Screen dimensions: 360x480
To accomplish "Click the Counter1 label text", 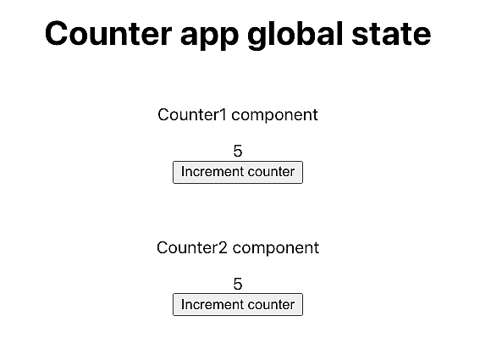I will click(192, 115).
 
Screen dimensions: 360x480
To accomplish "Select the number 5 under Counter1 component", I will click(238, 151).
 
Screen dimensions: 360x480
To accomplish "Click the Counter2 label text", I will click(192, 248).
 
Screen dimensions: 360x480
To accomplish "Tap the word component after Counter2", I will click(276, 248).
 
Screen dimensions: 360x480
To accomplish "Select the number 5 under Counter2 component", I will click(238, 284).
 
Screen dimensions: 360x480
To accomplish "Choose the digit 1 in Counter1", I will click(222, 115).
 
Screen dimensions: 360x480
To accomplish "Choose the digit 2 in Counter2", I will click(223, 248).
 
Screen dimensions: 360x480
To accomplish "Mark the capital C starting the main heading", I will click(57, 35).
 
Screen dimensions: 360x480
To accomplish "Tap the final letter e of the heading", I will click(422, 37).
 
